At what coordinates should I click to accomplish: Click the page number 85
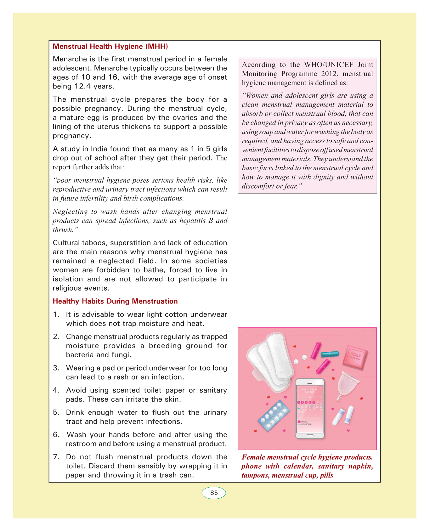tap(214, 493)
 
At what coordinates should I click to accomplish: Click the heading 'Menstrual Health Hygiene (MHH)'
tap(110, 47)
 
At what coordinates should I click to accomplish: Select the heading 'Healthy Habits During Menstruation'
tap(115, 301)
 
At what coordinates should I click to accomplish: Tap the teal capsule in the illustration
tap(330, 354)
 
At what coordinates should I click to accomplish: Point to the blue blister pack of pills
tap(274, 416)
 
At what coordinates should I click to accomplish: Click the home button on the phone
tap(310, 435)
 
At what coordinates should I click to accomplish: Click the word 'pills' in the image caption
tap(326, 475)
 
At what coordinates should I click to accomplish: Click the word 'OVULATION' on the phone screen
tap(306, 424)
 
